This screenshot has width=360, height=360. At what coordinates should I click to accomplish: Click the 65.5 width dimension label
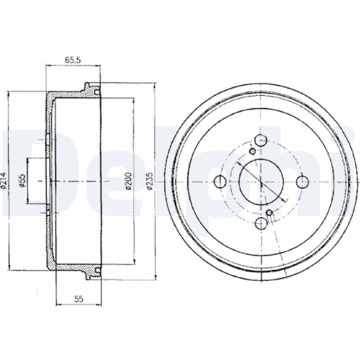[73, 60]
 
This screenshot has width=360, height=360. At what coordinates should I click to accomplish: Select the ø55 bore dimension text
[22, 181]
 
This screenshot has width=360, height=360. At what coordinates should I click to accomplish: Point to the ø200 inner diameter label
[128, 181]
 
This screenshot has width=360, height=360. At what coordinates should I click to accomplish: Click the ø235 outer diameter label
[150, 181]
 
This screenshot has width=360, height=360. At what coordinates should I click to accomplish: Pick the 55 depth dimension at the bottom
[78, 299]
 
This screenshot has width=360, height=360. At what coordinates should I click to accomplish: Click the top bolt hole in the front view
[261, 140]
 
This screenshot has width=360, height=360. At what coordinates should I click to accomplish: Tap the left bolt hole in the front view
[220, 181]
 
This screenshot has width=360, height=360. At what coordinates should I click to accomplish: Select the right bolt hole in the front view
[302, 182]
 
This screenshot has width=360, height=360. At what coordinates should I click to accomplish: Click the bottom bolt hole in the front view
[261, 223]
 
